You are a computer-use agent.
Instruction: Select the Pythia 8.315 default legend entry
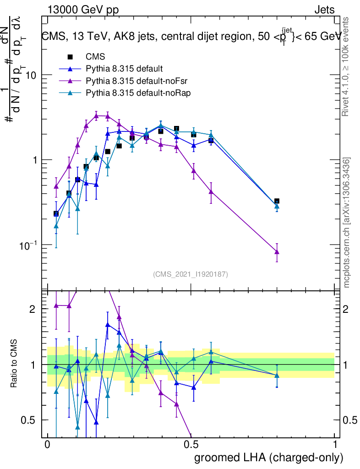tap(124, 69)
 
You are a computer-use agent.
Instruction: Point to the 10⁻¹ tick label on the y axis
tap(29, 245)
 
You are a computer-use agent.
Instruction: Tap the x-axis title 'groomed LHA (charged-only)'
tap(269, 458)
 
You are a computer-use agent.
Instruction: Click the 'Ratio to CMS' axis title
tap(14, 364)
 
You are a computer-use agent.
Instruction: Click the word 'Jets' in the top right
tap(324, 10)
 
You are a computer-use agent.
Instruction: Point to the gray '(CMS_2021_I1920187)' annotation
tap(191, 274)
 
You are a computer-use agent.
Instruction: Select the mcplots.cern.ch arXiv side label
tap(347, 222)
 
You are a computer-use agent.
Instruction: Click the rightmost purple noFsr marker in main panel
tap(277, 251)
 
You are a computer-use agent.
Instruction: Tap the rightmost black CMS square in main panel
tap(277, 201)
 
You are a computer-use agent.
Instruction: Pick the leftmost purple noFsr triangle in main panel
tap(56, 186)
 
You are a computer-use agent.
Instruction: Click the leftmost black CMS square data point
tap(56, 213)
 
